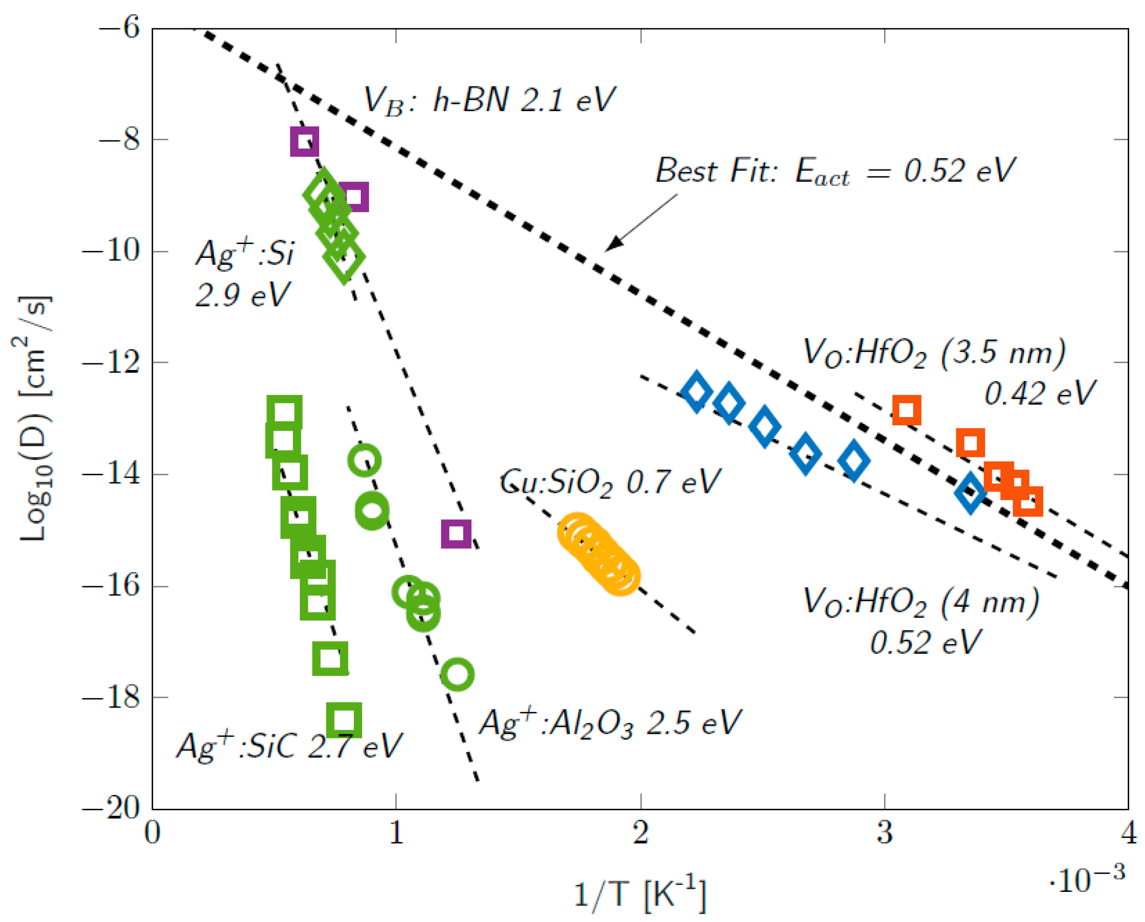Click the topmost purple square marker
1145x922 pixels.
click(304, 142)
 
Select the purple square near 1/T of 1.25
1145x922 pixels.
click(456, 534)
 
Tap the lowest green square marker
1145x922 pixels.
click(344, 721)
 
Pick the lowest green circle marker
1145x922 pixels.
click(457, 674)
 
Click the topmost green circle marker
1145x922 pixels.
click(364, 461)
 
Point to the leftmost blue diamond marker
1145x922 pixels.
click(696, 392)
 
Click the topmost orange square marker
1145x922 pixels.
click(906, 410)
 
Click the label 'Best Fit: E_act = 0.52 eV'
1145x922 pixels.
click(835, 171)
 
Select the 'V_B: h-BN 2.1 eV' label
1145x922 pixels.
click(489, 100)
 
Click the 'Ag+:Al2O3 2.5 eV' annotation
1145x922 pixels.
click(610, 723)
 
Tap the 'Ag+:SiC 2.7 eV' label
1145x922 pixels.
click(290, 746)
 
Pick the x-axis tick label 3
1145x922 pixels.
click(884, 833)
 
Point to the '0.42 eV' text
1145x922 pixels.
click(1039, 393)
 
